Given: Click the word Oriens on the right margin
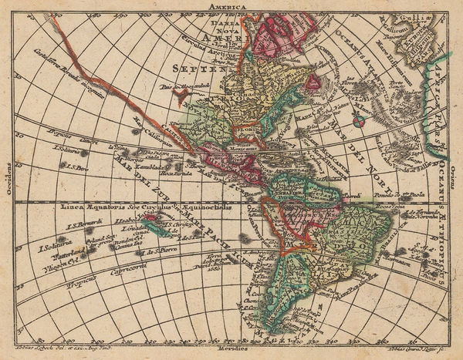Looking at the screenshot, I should (457, 179).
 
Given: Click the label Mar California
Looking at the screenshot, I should (151, 124).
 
